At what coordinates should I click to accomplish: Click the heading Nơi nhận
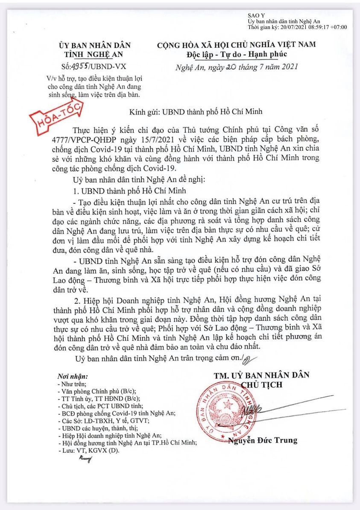[72, 377]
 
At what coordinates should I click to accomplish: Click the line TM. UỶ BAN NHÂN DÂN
[262, 375]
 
